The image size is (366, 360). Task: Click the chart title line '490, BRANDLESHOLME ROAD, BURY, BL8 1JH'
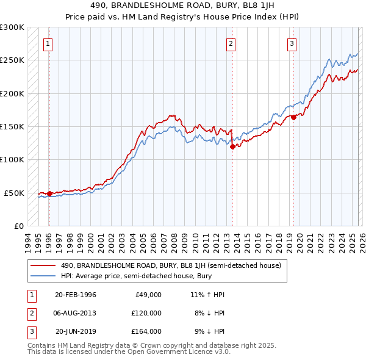(x=183, y=4)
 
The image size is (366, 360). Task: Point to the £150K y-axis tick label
(x=12, y=127)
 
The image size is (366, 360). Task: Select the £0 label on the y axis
(x=19, y=226)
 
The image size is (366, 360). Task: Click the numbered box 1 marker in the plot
(x=48, y=43)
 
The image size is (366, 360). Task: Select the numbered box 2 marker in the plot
(x=231, y=43)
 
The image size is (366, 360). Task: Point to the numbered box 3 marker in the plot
(x=292, y=43)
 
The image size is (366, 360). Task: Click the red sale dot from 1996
(x=49, y=193)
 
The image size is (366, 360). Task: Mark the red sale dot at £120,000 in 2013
(x=232, y=146)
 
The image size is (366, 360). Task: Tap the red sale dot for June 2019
(x=293, y=118)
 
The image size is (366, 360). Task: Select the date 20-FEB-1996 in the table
(x=76, y=295)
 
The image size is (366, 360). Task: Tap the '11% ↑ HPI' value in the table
(x=207, y=295)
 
